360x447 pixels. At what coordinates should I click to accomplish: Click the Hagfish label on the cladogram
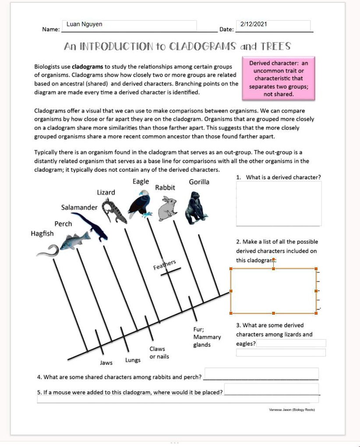pyautogui.click(x=42, y=234)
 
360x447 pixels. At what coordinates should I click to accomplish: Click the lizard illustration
pyautogui.click(x=114, y=211)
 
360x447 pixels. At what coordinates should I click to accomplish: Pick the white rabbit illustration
pyautogui.click(x=167, y=208)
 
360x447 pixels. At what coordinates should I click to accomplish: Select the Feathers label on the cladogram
pyautogui.click(x=165, y=265)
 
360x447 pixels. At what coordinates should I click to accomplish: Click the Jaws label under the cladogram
pyautogui.click(x=106, y=363)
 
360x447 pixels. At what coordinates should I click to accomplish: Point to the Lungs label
pyautogui.click(x=133, y=360)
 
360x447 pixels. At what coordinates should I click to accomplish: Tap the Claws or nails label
pyautogui.click(x=159, y=353)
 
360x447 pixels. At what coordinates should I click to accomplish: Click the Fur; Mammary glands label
pyautogui.click(x=207, y=337)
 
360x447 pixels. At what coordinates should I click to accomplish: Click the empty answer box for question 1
pyautogui.click(x=279, y=204)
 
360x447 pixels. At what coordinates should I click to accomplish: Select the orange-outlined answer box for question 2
pyautogui.click(x=273, y=291)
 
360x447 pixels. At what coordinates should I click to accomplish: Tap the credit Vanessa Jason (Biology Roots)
pyautogui.click(x=292, y=410)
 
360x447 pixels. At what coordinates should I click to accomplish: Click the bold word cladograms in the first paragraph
pyautogui.click(x=88, y=67)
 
